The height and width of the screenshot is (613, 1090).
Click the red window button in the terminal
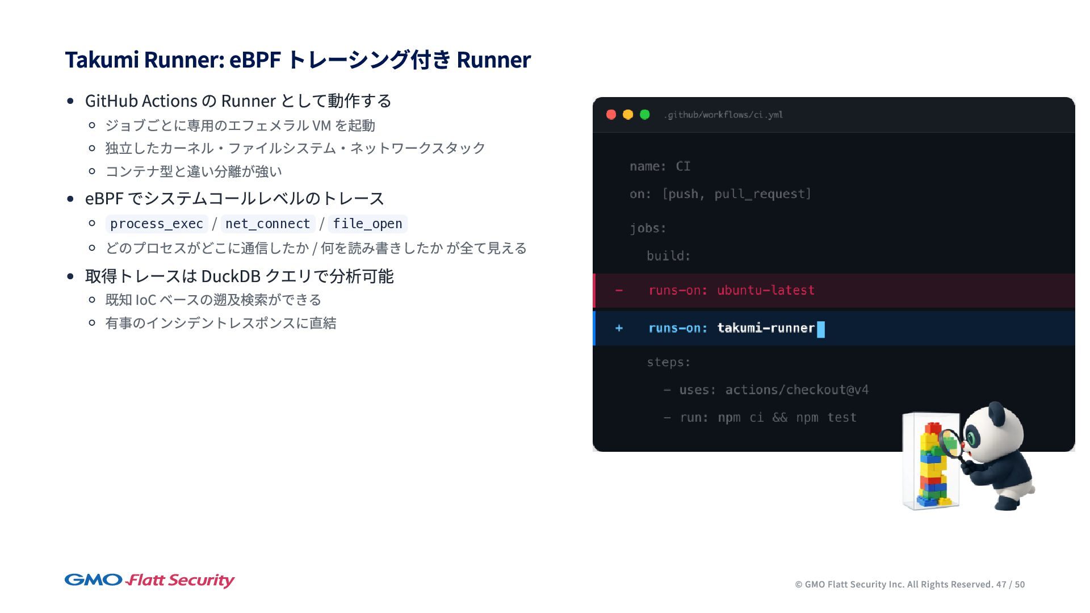[x=611, y=115]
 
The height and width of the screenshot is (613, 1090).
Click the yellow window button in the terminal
[x=628, y=115]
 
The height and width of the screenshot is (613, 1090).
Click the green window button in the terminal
[x=645, y=115]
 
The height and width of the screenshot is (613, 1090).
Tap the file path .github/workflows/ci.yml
[x=723, y=115]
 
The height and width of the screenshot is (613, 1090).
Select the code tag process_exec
[x=157, y=224]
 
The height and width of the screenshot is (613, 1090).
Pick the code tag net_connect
[x=267, y=224]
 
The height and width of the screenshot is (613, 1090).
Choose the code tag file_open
[x=367, y=224]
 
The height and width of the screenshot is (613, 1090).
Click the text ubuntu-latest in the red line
[x=765, y=291]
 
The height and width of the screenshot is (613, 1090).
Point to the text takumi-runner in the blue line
[x=765, y=328]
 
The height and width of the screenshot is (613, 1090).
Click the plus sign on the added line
[x=619, y=328]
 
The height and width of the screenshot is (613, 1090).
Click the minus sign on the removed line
[x=619, y=291]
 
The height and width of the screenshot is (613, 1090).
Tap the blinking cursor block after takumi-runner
[x=821, y=329]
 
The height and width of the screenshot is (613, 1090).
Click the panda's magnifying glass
[x=949, y=443]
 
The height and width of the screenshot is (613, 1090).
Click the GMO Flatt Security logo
[x=149, y=580]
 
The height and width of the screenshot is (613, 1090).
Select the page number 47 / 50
[x=1010, y=585]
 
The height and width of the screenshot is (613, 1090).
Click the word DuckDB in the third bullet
[x=230, y=276]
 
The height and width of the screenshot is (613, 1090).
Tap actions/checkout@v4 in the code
[x=796, y=390]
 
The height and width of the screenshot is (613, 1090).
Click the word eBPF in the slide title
[x=255, y=60]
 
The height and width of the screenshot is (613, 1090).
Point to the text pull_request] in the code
[x=762, y=194]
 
